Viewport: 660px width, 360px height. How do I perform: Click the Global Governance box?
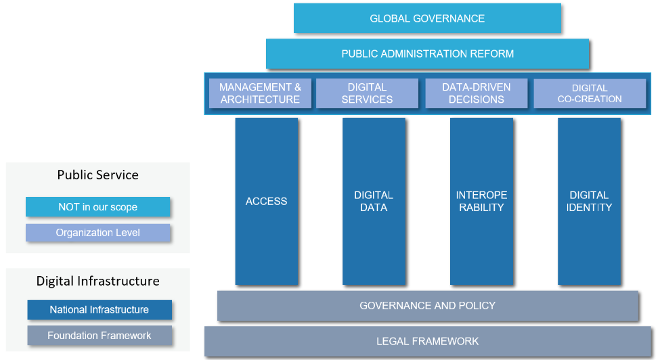pos(427,18)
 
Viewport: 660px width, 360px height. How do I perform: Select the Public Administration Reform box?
pos(427,53)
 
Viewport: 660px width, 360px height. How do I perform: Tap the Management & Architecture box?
pos(260,93)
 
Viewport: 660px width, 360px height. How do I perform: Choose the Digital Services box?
pos(367,93)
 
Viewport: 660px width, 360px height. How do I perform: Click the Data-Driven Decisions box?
pos(476,93)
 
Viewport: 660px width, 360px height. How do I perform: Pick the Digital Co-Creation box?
pos(590,93)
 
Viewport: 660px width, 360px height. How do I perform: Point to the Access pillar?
pos(267,201)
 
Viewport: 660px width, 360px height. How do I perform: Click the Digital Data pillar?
pos(374,201)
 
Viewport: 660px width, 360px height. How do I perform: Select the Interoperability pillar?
pos(481,201)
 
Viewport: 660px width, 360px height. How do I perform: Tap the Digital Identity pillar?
pos(589,201)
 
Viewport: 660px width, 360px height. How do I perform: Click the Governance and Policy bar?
pos(427,306)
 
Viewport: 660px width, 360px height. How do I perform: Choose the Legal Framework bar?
pos(427,341)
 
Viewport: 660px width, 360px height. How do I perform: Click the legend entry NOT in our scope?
pos(97,207)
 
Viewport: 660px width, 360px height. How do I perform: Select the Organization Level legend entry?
pos(97,233)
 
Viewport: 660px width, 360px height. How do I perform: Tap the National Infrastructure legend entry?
pos(99,310)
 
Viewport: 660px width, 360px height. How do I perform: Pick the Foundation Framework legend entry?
pos(99,336)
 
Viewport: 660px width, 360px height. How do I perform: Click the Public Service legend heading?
pos(97,175)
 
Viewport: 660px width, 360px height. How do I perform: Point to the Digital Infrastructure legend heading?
pos(98,281)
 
